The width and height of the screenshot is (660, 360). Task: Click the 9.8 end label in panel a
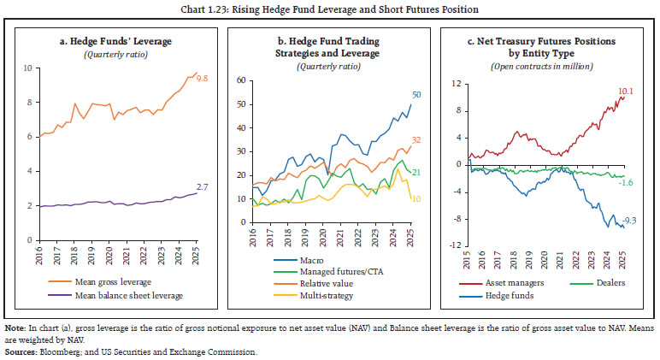(x=204, y=79)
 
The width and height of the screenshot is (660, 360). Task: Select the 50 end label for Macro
(x=415, y=95)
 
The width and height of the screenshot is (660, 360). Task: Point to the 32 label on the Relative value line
(x=415, y=139)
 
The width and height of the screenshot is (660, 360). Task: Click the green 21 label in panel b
(x=415, y=173)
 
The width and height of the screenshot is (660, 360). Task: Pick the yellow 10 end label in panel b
(x=415, y=198)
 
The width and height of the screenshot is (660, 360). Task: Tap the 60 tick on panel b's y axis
(x=240, y=80)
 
